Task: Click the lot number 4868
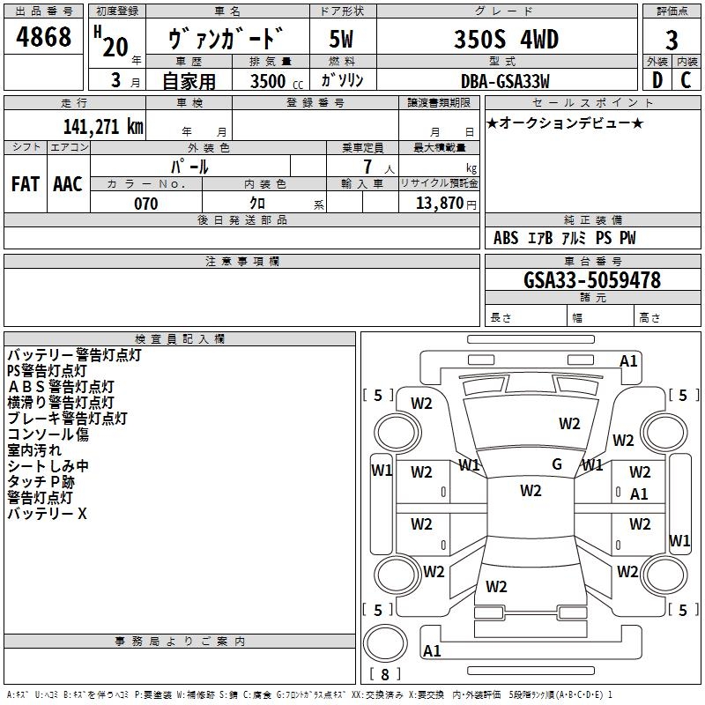click(44, 38)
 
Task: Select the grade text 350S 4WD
click(508, 39)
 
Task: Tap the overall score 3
click(672, 41)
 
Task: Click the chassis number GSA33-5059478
click(592, 280)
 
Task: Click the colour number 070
click(146, 204)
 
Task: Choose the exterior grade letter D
click(657, 81)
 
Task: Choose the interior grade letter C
click(686, 81)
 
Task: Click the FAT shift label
click(25, 184)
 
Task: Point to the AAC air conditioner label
click(68, 184)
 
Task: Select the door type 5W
click(341, 40)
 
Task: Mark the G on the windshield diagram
click(557, 464)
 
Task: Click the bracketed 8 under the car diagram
click(384, 674)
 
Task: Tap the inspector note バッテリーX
click(48, 513)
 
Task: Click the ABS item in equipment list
click(506, 238)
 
